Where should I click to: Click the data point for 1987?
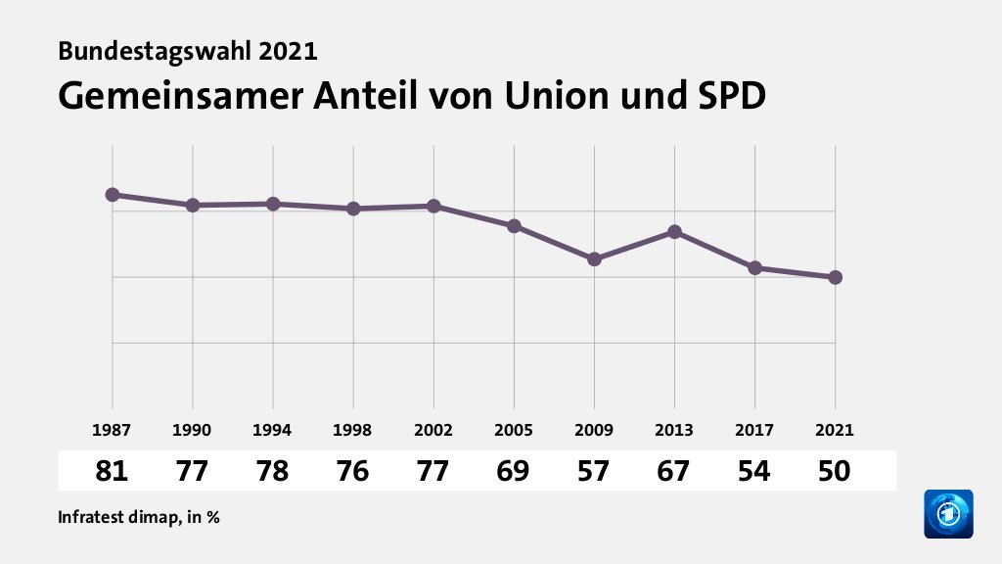pyautogui.click(x=113, y=195)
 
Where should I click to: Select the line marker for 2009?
pyautogui.click(x=594, y=259)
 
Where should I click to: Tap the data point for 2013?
pyautogui.click(x=674, y=232)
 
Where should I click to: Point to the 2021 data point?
pyautogui.click(x=835, y=277)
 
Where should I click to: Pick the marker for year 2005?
pyautogui.click(x=514, y=226)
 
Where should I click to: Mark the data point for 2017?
pyautogui.click(x=754, y=268)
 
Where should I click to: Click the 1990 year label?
pyautogui.click(x=193, y=430)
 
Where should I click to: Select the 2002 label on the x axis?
pyautogui.click(x=433, y=430)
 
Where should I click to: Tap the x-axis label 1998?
pyautogui.click(x=353, y=430)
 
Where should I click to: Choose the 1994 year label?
pyautogui.click(x=273, y=430)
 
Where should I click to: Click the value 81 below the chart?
pyautogui.click(x=113, y=471)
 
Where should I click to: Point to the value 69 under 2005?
pyautogui.click(x=514, y=471)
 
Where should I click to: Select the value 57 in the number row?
pyautogui.click(x=594, y=471)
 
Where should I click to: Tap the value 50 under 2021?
pyautogui.click(x=835, y=471)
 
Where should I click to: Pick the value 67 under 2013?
pyautogui.click(x=674, y=471)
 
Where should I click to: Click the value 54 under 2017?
pyautogui.click(x=754, y=471)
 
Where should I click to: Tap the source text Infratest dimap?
pyautogui.click(x=117, y=517)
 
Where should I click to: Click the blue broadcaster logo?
pyautogui.click(x=948, y=513)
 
